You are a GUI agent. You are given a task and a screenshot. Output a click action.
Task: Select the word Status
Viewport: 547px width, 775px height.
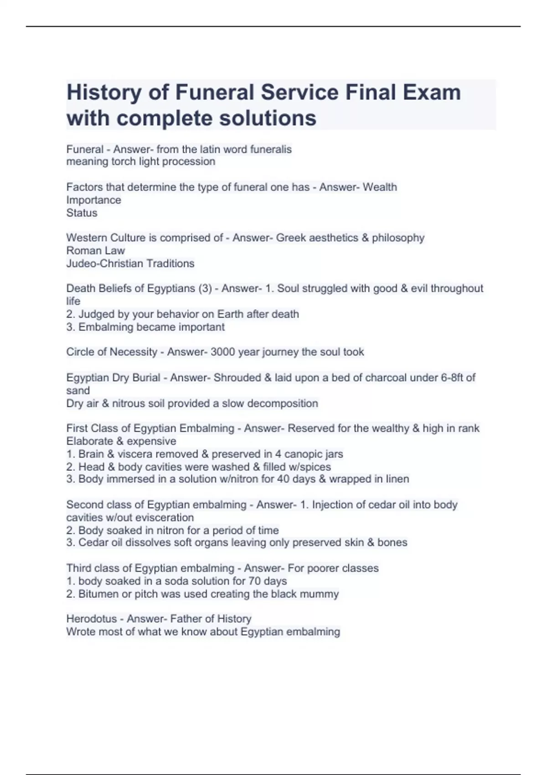coord(82,213)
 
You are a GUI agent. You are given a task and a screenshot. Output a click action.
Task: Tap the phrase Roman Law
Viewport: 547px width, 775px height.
coord(95,250)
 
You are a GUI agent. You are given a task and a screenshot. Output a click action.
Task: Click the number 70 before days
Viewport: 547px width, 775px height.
coord(254,581)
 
